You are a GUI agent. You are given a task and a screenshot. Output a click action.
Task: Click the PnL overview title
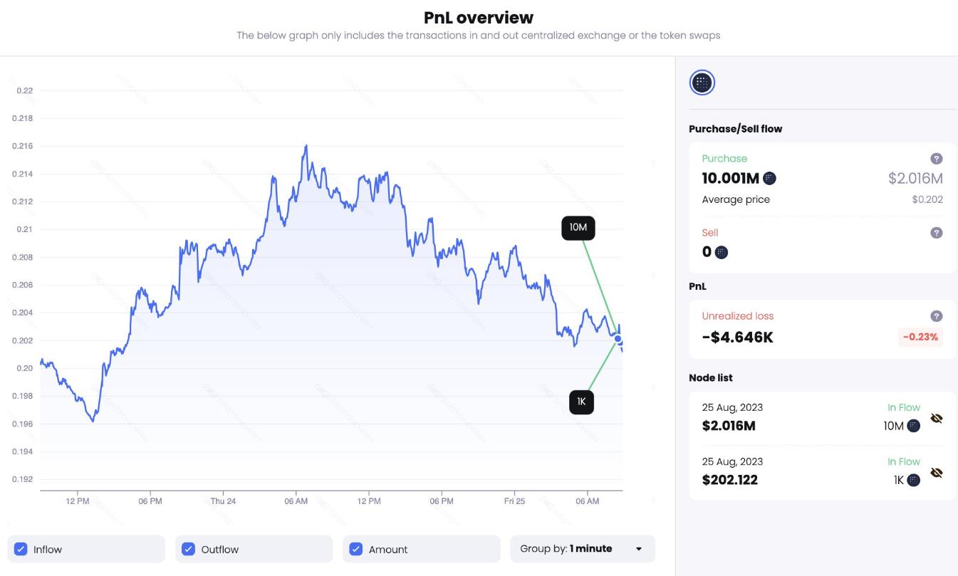click(x=479, y=17)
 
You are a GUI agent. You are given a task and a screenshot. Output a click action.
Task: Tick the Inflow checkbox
click(x=21, y=549)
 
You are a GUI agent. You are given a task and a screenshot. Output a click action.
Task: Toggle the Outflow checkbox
click(x=189, y=549)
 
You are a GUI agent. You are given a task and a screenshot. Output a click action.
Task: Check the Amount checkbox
click(x=356, y=549)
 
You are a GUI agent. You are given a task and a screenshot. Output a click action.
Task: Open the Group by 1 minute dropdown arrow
click(x=639, y=549)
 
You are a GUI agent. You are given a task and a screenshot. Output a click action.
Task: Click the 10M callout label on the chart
click(x=578, y=228)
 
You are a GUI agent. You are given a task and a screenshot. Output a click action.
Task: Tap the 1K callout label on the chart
click(x=581, y=402)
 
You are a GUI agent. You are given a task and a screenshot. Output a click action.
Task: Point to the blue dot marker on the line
click(x=618, y=338)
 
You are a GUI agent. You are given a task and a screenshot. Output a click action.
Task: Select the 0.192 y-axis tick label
click(x=24, y=479)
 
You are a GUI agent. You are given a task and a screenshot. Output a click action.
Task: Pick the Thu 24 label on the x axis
click(x=223, y=501)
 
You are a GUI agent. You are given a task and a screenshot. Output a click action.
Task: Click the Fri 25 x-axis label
click(x=514, y=501)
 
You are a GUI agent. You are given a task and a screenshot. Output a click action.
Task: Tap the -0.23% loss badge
click(x=920, y=337)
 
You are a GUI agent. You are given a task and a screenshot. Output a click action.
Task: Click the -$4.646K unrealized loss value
click(x=737, y=337)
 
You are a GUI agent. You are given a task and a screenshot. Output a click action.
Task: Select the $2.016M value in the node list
click(x=729, y=426)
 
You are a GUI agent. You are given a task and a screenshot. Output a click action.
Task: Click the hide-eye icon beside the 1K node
click(x=937, y=472)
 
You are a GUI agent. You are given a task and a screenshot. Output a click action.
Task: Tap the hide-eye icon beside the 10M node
click(x=937, y=419)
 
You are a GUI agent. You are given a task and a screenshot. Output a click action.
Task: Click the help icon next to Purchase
click(x=937, y=159)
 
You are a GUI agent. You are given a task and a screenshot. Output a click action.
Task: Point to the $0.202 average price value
click(x=927, y=199)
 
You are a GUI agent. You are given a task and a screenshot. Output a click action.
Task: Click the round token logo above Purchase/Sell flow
click(x=702, y=83)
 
